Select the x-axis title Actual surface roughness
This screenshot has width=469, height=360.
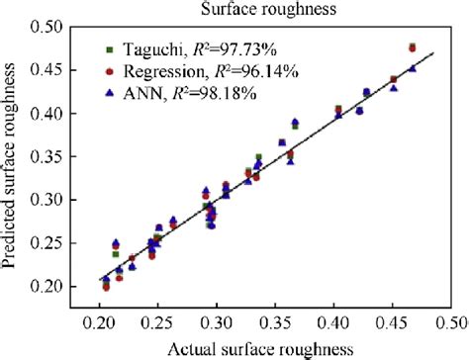tap(261, 348)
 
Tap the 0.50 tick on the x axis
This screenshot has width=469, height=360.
tap(451, 323)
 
